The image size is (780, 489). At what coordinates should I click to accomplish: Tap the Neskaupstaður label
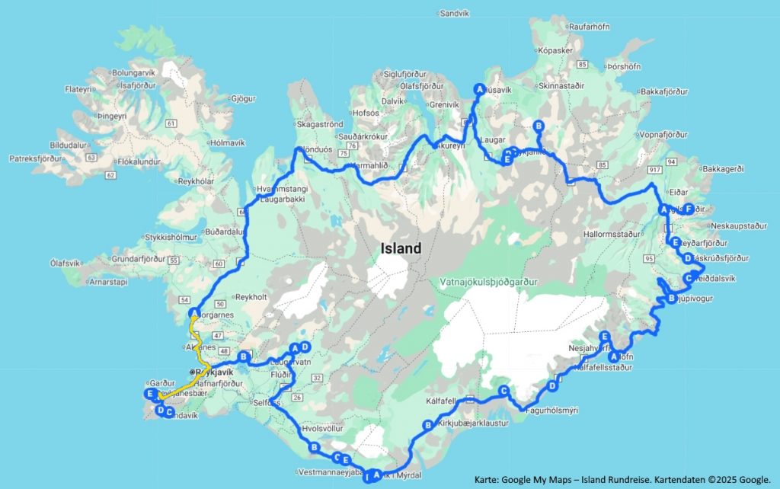[737, 226]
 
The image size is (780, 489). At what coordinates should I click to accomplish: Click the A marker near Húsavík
[479, 88]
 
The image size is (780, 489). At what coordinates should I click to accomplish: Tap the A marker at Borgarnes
[195, 312]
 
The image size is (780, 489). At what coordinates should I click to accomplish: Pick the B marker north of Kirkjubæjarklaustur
[427, 425]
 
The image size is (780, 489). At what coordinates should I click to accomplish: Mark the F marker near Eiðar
[688, 209]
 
